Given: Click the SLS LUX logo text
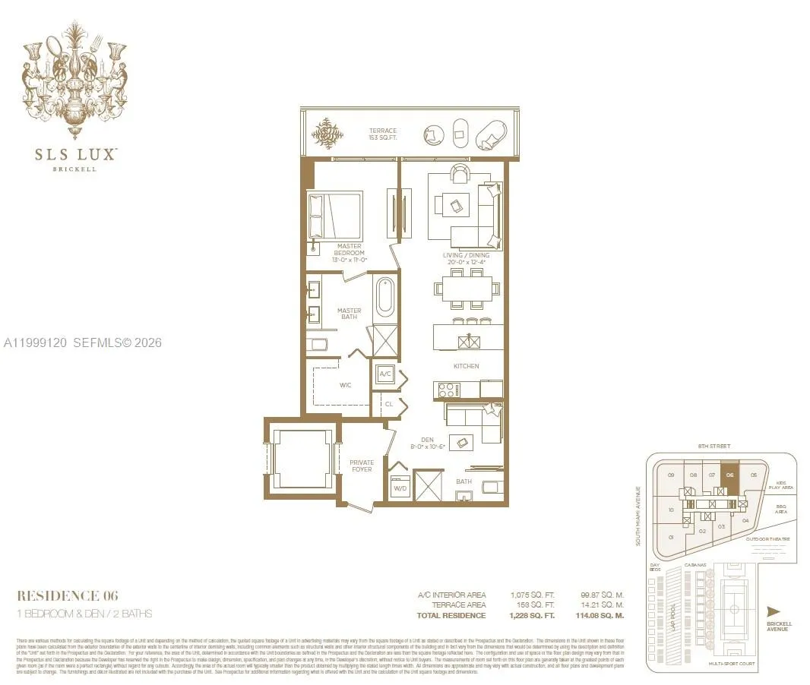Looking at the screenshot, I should (75, 154).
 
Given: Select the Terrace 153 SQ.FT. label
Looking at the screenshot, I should (383, 135).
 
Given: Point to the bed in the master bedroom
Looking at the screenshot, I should (335, 215).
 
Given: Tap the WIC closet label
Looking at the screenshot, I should (346, 385).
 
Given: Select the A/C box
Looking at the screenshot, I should (385, 374).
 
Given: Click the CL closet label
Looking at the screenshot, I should (388, 404).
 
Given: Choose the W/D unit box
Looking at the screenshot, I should (400, 488).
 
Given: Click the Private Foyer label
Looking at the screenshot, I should (362, 466).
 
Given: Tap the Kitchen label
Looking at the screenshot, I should (467, 366).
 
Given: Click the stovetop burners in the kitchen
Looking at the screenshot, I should (446, 390).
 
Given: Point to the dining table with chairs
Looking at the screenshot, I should (467, 289).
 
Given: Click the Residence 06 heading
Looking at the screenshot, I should (68, 595).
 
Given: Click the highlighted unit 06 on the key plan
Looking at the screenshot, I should (729, 479).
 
